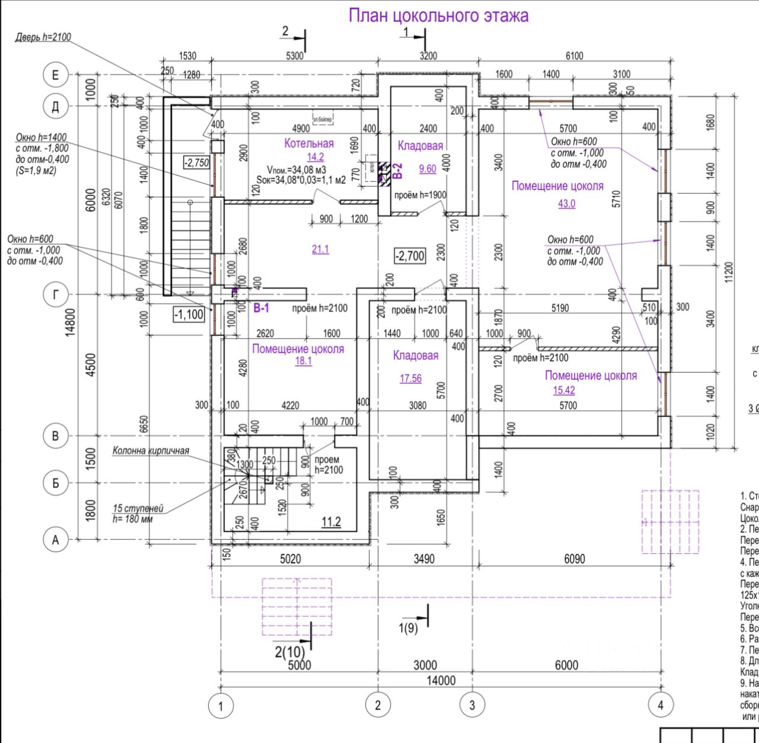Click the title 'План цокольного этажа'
pos(438,15)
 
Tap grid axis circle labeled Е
pos(56,75)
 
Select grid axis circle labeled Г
pos(56,294)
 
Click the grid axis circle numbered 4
pos(661,705)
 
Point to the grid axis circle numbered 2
pos(378,705)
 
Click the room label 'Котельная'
pos(309,143)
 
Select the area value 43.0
pos(566,203)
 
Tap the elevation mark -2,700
pos(410,256)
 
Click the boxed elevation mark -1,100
pos(189,314)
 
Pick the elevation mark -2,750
pos(196,162)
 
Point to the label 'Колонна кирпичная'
pos(151,450)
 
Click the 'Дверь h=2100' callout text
pos(43,37)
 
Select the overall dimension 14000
pos(441,681)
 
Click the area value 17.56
pos(410,378)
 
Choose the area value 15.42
pos(564,390)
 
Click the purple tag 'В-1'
pos(261,308)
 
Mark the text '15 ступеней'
pos(138,508)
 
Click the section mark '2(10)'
pos(289,652)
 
